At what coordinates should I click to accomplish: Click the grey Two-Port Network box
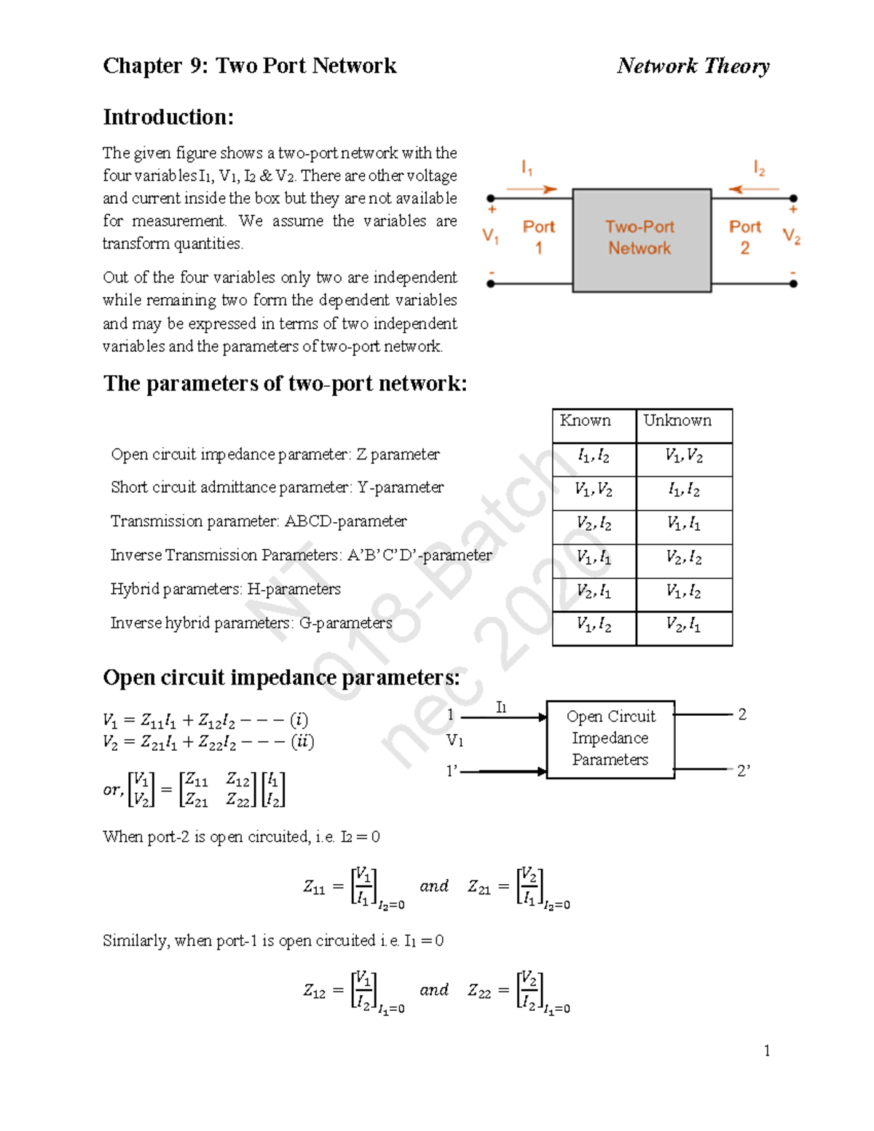tap(641, 240)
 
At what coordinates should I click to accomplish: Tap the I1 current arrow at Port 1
tap(532, 189)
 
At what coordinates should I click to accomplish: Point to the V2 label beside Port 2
tap(791, 236)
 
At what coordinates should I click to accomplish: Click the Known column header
tap(586, 421)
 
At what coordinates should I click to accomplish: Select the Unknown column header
tap(677, 421)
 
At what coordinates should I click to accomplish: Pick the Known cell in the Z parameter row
tap(594, 456)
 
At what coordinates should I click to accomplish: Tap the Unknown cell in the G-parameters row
tap(683, 625)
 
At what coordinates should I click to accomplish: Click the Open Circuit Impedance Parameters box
tap(610, 738)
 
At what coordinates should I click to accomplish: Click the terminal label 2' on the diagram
tap(743, 771)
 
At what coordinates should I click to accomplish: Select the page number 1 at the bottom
tap(766, 1050)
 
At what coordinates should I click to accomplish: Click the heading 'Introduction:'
tap(168, 117)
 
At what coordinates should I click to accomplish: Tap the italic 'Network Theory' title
tap(693, 66)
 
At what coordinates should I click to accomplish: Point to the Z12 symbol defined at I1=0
tap(314, 991)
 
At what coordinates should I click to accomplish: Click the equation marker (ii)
tap(302, 741)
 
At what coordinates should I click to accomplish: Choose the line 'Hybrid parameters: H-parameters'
tap(225, 589)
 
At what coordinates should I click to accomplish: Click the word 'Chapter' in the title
tap(142, 66)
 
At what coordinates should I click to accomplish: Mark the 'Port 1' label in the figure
tap(538, 237)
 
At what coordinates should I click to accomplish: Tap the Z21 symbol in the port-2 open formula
tap(479, 887)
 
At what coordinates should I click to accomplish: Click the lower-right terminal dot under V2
tap(793, 284)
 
